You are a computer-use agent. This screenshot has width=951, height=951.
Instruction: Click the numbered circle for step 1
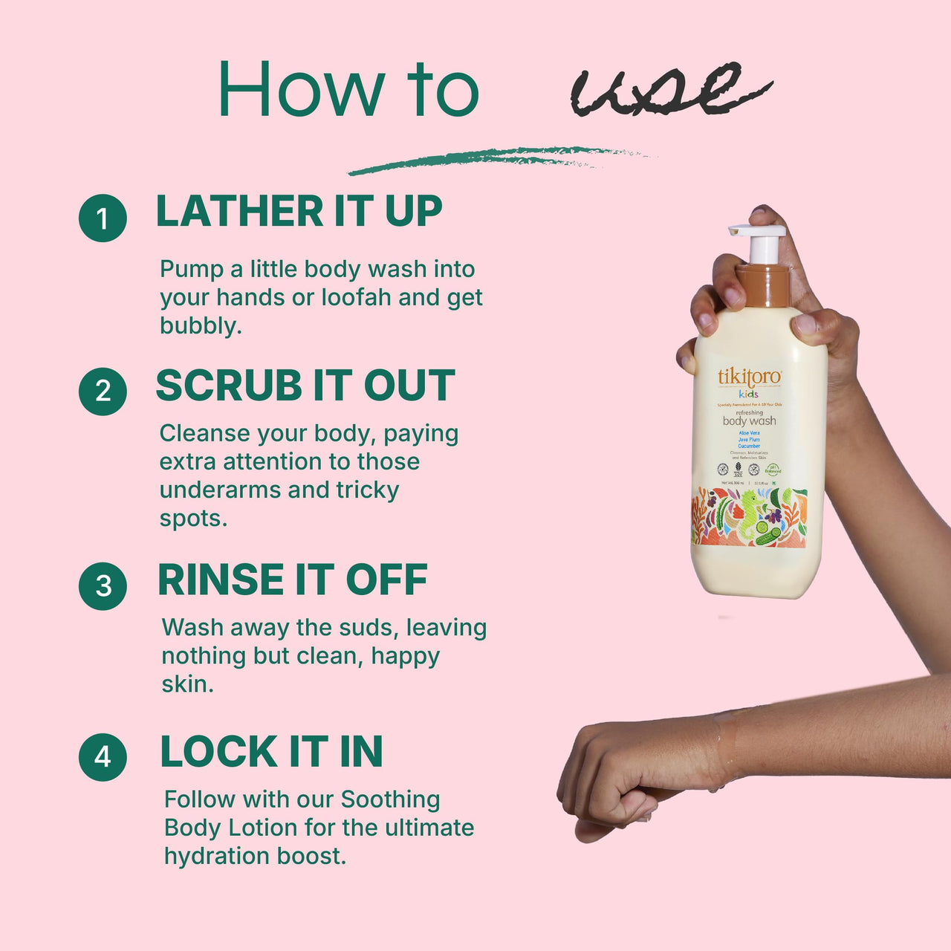[103, 218]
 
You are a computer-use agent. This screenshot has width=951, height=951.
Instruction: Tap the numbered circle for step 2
[103, 391]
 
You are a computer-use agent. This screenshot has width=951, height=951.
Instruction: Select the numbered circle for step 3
[103, 585]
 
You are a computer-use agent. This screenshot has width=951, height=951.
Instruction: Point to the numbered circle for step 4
[103, 756]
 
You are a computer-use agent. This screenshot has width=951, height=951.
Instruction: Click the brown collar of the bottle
[763, 287]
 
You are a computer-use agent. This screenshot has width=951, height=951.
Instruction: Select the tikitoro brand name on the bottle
[749, 377]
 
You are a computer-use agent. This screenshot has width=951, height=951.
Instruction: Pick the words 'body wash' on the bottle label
[749, 421]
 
